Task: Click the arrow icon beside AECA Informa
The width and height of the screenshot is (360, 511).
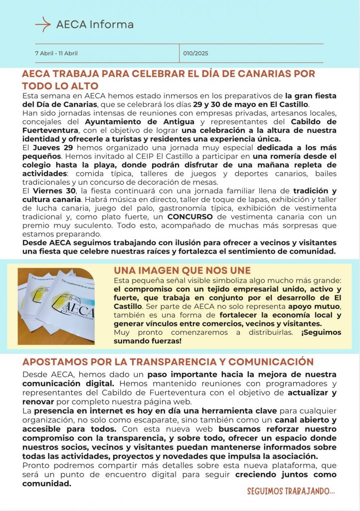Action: pyautogui.click(x=43, y=23)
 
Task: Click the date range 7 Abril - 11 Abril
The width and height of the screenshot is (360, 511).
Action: pyautogui.click(x=56, y=53)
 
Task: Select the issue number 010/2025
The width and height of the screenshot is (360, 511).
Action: pyautogui.click(x=195, y=53)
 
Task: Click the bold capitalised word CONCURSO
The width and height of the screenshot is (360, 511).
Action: pyautogui.click(x=190, y=217)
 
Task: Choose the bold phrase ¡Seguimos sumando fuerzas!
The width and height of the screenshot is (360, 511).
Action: pyautogui.click(x=229, y=336)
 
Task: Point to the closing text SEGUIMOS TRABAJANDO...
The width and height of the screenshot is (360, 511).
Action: pyautogui.click(x=291, y=492)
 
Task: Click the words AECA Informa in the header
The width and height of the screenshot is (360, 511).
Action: pyautogui.click(x=95, y=24)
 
